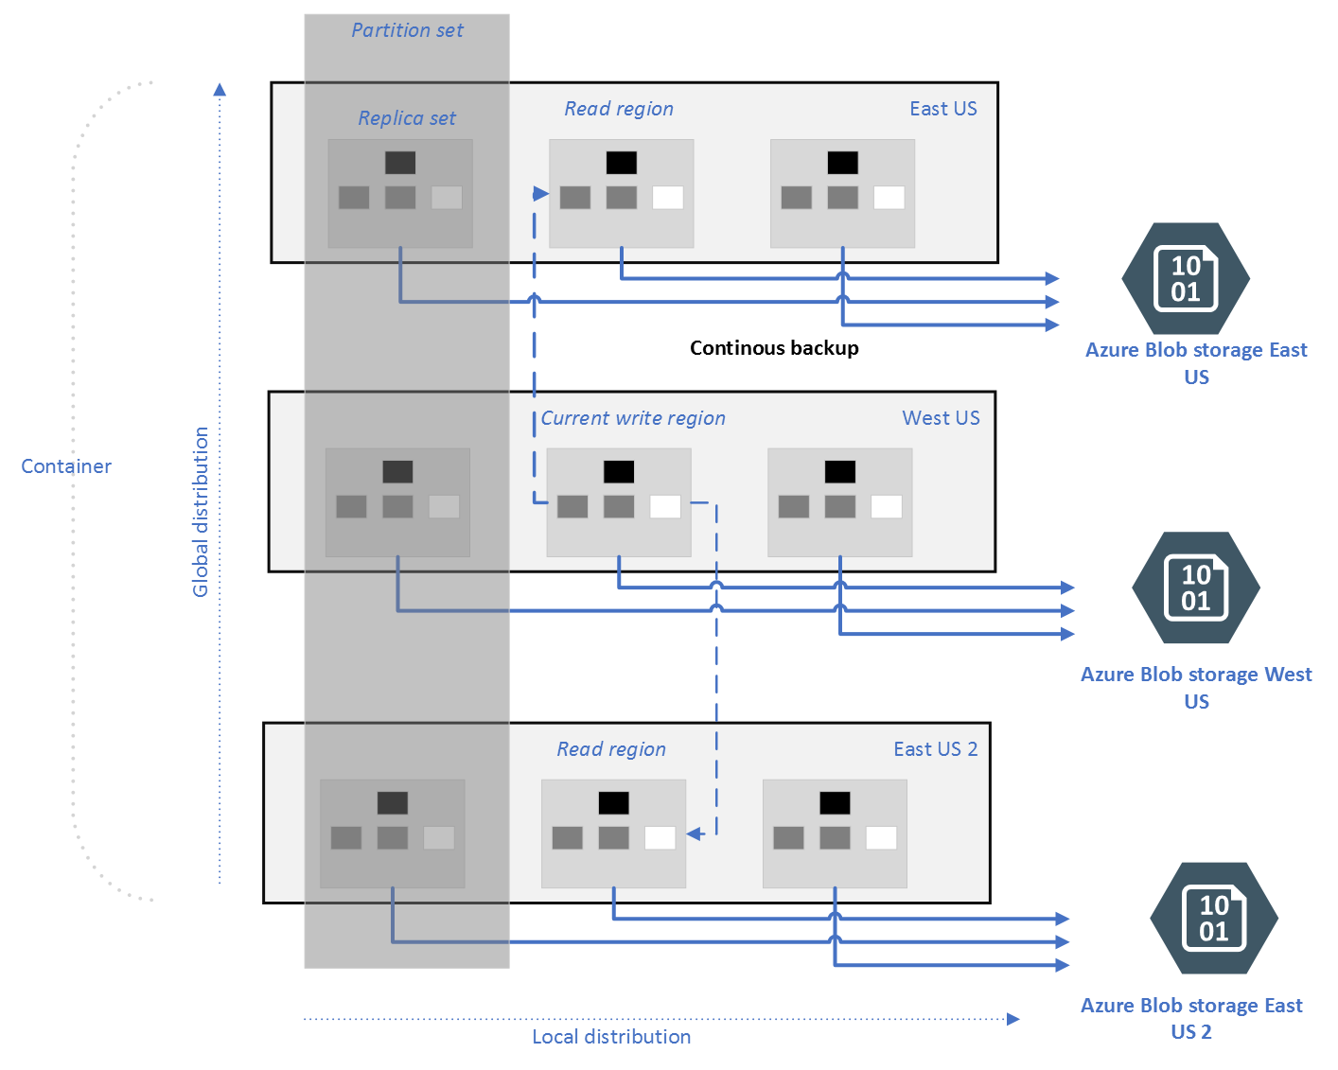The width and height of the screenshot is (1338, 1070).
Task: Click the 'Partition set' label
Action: (407, 30)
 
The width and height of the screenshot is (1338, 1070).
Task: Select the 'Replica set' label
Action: (406, 118)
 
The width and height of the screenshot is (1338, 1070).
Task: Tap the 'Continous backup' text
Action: (773, 348)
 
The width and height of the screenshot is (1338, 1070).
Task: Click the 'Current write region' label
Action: (633, 418)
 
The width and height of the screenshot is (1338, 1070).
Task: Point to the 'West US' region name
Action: (941, 418)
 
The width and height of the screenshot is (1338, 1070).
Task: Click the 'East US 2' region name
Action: (935, 749)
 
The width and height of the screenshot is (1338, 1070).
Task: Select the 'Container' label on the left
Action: (66, 466)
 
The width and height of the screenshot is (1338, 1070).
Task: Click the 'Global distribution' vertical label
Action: (201, 512)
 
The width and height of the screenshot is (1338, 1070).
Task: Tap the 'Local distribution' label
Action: (611, 1037)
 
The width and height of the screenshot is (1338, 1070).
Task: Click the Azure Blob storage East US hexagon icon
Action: (1186, 279)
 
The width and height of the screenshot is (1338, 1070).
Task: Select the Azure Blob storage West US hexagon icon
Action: (1195, 588)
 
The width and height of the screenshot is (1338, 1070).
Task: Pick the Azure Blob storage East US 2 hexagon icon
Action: (1213, 919)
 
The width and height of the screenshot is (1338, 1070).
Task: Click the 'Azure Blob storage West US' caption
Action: (1196, 687)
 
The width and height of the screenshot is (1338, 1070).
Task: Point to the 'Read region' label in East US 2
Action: (611, 749)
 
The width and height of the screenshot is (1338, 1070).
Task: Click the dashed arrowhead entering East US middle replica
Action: (541, 194)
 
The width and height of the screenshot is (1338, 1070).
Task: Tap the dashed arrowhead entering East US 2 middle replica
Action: (695, 834)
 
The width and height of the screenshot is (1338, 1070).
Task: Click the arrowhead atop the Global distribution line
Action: (220, 90)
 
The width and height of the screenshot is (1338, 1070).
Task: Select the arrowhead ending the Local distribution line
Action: (1013, 1019)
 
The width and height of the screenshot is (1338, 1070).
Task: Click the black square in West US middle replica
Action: (619, 471)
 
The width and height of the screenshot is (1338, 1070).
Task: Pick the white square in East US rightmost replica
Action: (889, 197)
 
